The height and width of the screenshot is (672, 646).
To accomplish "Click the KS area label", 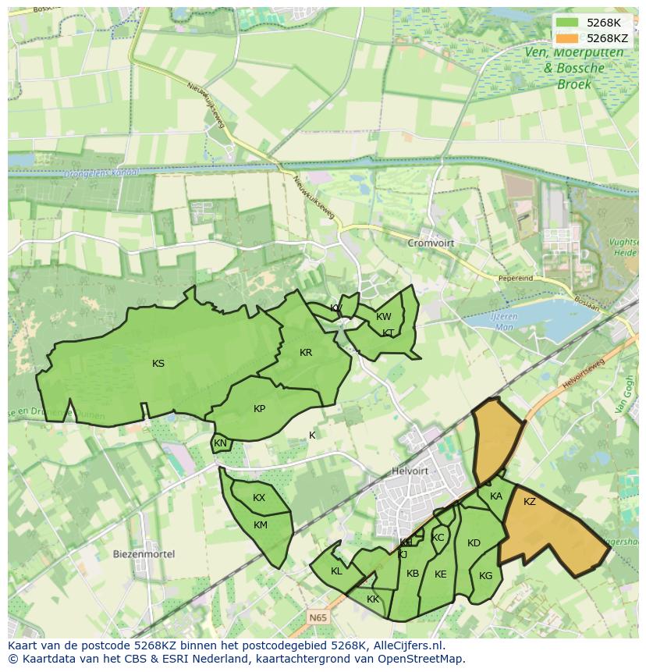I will point(158,363).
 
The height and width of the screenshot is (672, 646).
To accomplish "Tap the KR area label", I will point(306,353).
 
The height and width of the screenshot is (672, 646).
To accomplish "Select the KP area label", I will point(260,408).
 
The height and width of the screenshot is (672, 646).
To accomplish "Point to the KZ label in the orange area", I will point(530,502).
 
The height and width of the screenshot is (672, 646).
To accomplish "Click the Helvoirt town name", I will point(410,471).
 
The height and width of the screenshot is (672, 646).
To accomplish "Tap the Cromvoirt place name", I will point(431,243).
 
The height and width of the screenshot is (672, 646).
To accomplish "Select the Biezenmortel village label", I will point(144,554).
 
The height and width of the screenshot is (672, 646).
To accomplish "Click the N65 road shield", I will point(317,617).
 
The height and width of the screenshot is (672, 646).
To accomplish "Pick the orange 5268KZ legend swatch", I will point(567,37).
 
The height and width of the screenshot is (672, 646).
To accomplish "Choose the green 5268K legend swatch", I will point(567,23).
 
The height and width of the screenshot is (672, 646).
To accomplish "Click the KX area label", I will point(259,498).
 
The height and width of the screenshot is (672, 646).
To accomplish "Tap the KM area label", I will point(261,525).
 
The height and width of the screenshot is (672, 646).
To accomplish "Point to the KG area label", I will point(486,576).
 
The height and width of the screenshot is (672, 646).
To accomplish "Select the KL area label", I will point(336,571).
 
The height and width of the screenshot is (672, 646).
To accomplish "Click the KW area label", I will point(384,317).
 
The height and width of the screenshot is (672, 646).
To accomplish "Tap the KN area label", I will point(220,443).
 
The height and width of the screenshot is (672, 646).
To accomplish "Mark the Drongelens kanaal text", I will point(102,172).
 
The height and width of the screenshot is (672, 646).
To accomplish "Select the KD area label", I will point(474,543).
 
